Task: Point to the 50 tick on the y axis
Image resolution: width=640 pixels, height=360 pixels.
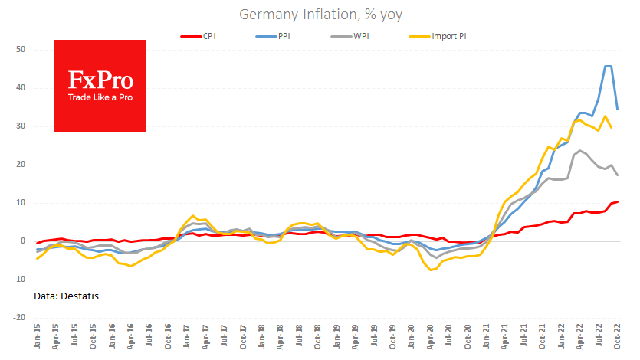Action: click(21, 50)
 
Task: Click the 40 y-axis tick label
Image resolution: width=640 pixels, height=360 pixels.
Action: click(21, 88)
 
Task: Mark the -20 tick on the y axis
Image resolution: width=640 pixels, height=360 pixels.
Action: click(19, 317)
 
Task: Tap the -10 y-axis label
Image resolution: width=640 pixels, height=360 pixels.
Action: click(19, 279)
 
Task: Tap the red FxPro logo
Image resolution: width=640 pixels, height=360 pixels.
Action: click(100, 86)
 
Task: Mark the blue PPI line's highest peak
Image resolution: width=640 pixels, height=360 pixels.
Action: click(609, 66)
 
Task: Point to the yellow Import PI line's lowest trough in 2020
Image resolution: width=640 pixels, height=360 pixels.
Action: click(431, 270)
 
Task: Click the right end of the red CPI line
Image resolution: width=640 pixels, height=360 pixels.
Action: click(618, 201)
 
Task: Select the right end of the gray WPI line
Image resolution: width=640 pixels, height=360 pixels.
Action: click(618, 175)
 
